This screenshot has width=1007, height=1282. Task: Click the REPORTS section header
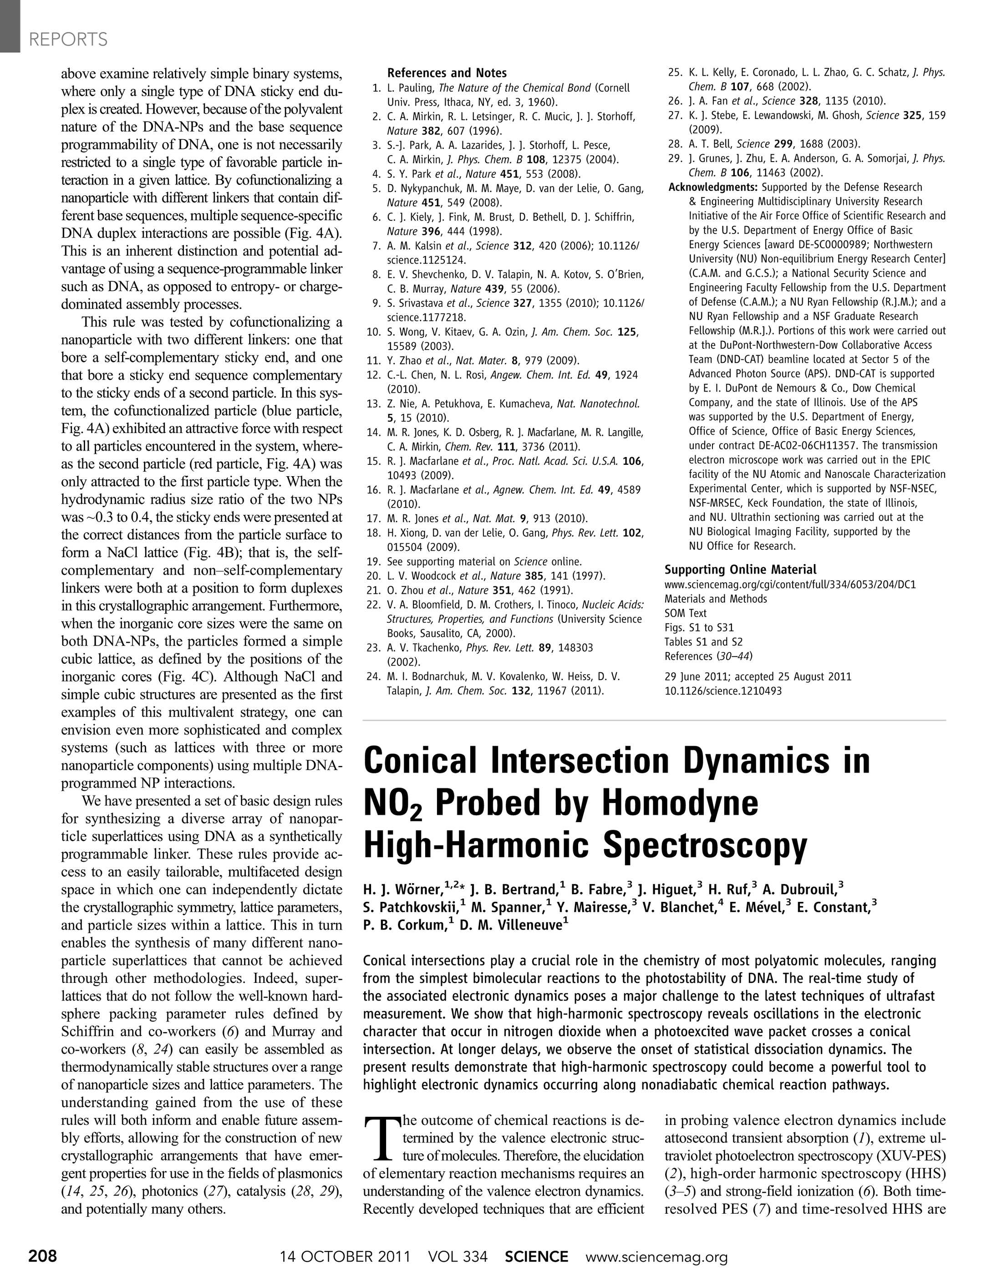coord(68,40)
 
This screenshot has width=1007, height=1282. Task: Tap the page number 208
coord(42,1256)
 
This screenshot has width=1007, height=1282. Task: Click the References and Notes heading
coord(447,73)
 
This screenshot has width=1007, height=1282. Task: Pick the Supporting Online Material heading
coord(741,570)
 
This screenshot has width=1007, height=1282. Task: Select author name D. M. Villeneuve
coord(511,925)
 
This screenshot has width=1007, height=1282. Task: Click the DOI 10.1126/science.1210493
coord(723,691)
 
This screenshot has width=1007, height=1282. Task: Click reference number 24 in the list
coord(374,677)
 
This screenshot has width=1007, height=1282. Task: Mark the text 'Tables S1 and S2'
coord(703,642)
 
